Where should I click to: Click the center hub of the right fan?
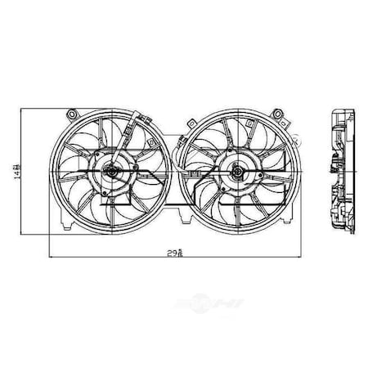[234, 172]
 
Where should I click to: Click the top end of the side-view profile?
[341, 111]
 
